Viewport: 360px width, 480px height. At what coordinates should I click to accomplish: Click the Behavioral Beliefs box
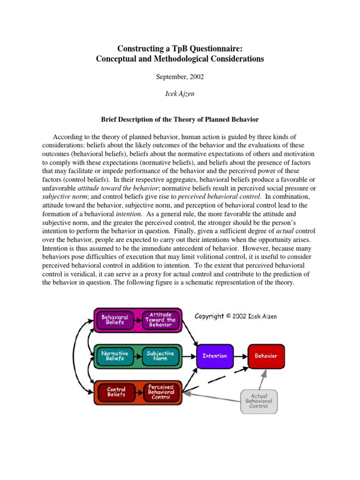(115, 320)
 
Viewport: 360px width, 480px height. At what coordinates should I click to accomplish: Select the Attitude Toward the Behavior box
(160, 320)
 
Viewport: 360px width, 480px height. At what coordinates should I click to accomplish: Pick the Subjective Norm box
(160, 356)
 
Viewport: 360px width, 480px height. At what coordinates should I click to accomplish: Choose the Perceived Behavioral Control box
(161, 392)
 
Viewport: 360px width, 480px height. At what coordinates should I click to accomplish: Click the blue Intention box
(214, 356)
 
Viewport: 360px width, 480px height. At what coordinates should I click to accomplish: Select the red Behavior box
(266, 356)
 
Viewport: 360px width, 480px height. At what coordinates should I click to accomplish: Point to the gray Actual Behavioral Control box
(258, 401)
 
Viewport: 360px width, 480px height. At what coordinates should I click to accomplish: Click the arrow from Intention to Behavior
(240, 356)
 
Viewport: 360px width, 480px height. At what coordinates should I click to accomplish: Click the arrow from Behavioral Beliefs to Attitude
(138, 320)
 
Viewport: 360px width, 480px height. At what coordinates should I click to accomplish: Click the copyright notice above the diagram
(236, 316)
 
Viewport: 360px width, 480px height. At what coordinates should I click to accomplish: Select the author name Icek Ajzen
(180, 94)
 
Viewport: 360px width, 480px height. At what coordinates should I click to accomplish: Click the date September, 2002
(180, 76)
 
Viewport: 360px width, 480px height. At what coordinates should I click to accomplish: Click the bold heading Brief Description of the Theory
(180, 119)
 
